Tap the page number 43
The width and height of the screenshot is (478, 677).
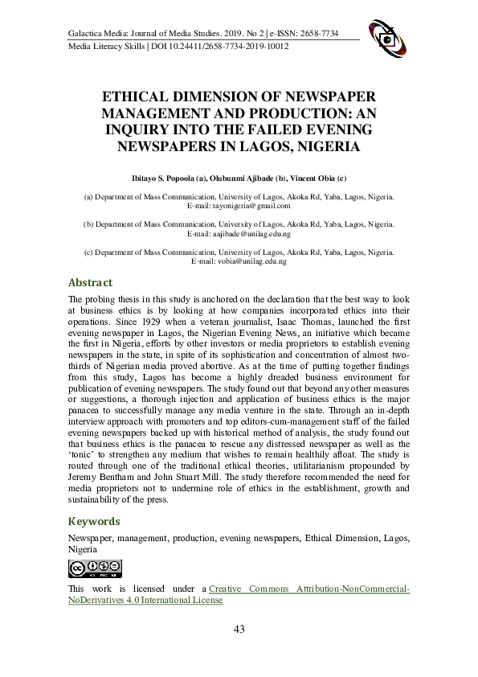[x=239, y=630]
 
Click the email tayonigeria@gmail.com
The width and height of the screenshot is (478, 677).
[x=239, y=206]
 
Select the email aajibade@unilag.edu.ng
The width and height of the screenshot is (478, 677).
[x=239, y=234]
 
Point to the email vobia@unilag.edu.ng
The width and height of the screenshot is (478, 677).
[x=239, y=262]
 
